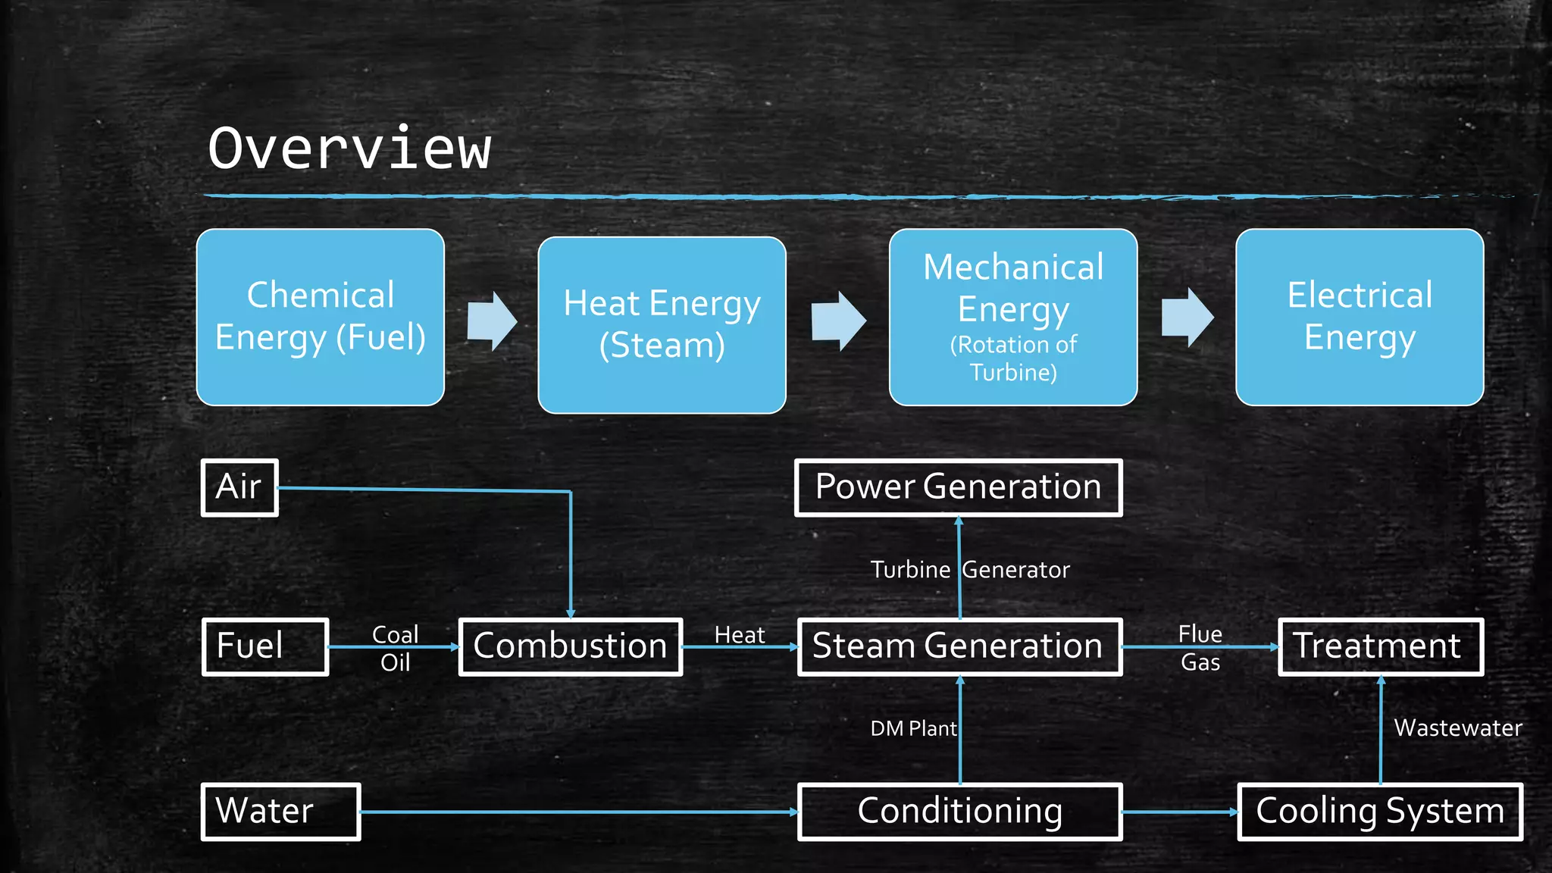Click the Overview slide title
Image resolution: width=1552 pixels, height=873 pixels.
(349, 149)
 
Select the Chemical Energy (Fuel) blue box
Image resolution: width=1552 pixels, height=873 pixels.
(320, 317)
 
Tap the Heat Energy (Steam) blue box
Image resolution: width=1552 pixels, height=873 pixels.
(662, 324)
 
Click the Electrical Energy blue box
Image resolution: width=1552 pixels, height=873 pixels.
(1360, 317)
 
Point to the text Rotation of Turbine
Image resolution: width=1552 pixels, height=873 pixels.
(1013, 358)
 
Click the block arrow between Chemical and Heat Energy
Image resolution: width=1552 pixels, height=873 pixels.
(492, 321)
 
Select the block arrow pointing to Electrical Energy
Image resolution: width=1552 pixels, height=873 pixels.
(1187, 317)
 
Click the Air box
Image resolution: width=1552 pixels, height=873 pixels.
(239, 487)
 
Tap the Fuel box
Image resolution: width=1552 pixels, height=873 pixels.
(264, 646)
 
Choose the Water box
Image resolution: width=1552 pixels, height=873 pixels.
(280, 812)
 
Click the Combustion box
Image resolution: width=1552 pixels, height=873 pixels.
(570, 646)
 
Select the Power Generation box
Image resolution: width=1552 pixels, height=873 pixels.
(958, 487)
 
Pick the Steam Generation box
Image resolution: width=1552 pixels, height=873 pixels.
(959, 646)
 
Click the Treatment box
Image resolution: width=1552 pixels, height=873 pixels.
(1380, 646)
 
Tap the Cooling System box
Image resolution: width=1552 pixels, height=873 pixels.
(1380, 812)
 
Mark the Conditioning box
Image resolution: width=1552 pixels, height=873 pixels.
(959, 812)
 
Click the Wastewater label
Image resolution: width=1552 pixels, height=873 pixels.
(1458, 728)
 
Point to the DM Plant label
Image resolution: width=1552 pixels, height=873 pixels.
(913, 729)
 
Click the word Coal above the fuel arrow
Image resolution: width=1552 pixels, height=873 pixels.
(395, 634)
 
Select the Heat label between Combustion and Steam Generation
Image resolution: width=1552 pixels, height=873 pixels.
(740, 635)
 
